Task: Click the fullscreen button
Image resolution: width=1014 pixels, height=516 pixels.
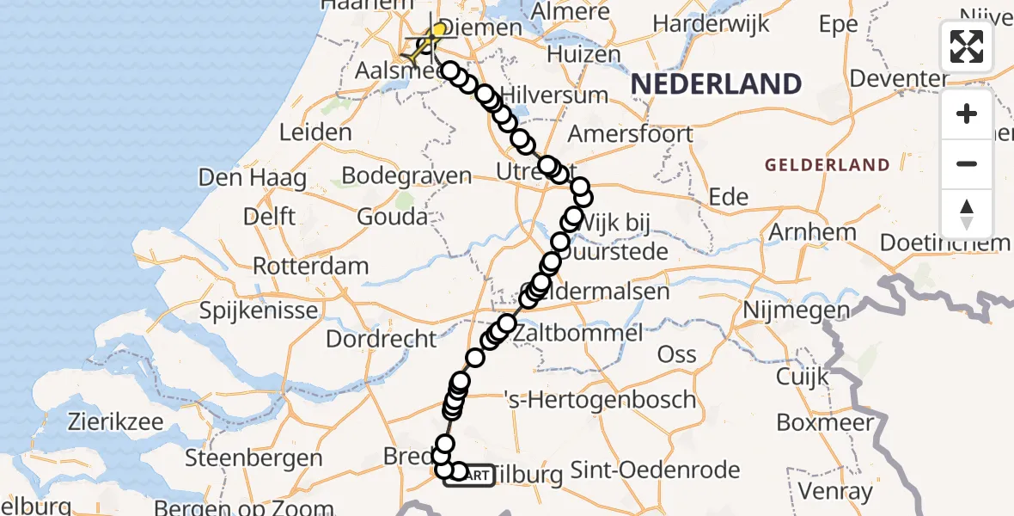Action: pyautogui.click(x=967, y=46)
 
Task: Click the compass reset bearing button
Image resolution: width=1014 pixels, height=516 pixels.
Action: pyautogui.click(x=967, y=214)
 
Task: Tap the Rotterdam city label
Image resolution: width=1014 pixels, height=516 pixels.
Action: pyautogui.click(x=311, y=266)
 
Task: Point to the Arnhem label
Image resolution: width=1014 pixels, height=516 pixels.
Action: pyautogui.click(x=812, y=232)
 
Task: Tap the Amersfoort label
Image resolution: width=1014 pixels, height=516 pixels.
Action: pyautogui.click(x=630, y=134)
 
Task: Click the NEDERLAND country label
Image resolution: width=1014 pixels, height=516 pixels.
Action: pyautogui.click(x=716, y=84)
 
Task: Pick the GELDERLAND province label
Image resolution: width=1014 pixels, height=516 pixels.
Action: pyautogui.click(x=827, y=164)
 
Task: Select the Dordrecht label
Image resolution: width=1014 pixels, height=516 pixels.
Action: pyautogui.click(x=382, y=338)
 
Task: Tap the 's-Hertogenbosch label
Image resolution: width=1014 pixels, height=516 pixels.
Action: pyautogui.click(x=600, y=400)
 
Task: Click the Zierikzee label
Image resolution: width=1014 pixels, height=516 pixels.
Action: pyautogui.click(x=115, y=422)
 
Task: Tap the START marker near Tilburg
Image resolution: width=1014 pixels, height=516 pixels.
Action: pyautogui.click(x=469, y=475)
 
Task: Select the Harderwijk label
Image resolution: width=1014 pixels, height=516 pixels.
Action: pyautogui.click(x=716, y=24)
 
